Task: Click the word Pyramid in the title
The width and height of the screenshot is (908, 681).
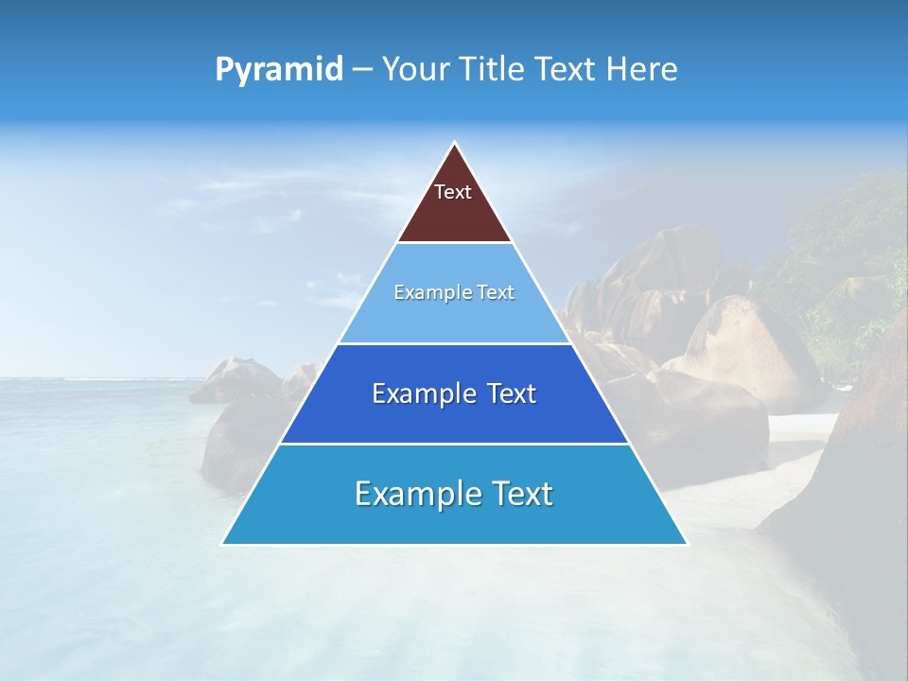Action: (279, 70)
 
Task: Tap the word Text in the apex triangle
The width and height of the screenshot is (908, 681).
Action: (453, 192)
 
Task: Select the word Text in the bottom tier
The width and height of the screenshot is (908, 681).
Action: (518, 494)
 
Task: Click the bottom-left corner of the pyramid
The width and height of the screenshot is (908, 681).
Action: (223, 543)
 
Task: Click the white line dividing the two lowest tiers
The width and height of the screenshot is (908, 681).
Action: (454, 444)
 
